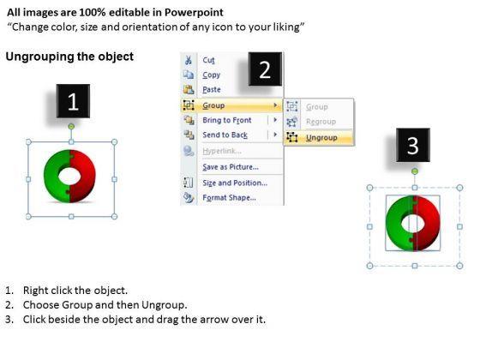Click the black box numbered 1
pyautogui.click(x=73, y=101)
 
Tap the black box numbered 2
pyautogui.click(x=265, y=69)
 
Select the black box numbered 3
pyautogui.click(x=413, y=145)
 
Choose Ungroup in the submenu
pyautogui.click(x=321, y=138)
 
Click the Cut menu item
pyautogui.click(x=209, y=60)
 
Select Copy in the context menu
pyautogui.click(x=211, y=75)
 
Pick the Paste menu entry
pyautogui.click(x=212, y=90)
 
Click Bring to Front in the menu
pyautogui.click(x=227, y=120)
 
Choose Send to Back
pyautogui.click(x=225, y=135)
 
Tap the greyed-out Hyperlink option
pyautogui.click(x=222, y=151)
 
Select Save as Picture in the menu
pyautogui.click(x=231, y=167)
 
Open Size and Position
pyautogui.click(x=235, y=183)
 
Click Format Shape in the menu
pyautogui.click(x=229, y=198)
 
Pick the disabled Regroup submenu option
pyautogui.click(x=321, y=122)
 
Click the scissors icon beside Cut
pyautogui.click(x=189, y=60)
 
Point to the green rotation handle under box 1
pyautogui.click(x=71, y=127)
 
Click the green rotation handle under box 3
pyautogui.click(x=415, y=171)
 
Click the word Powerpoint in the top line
pyautogui.click(x=194, y=13)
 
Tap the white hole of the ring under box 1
pyautogui.click(x=69, y=177)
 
